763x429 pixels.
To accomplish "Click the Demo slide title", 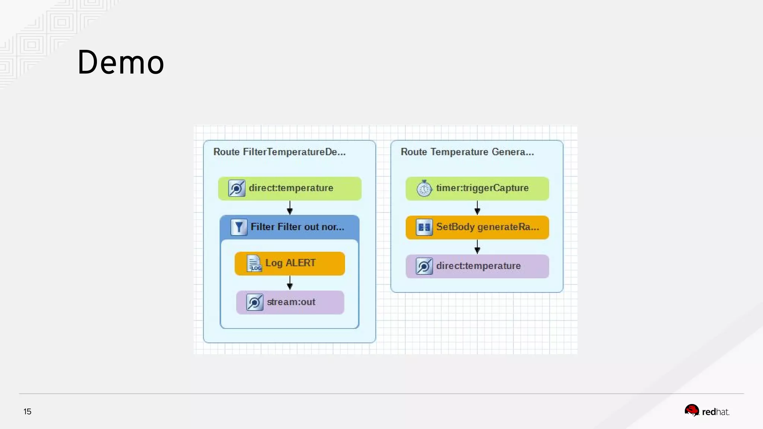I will coord(121,62).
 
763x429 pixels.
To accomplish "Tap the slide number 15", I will coord(27,411).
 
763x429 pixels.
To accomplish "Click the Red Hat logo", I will coord(707,411).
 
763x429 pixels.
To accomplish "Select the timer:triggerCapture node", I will coord(477,188).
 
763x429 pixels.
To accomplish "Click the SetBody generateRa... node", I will coord(477,227).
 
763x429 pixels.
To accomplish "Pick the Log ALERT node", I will coord(289,263).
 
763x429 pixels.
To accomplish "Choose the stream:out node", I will coord(290,302).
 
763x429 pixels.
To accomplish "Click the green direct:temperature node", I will coord(289,188).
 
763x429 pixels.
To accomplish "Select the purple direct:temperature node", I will coord(477,266).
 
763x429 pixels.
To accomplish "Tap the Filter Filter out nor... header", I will coord(289,227).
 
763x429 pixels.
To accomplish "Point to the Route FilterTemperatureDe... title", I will coord(279,152).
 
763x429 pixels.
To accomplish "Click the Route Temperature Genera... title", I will coord(467,152).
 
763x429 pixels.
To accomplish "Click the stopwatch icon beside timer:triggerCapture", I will coord(424,188).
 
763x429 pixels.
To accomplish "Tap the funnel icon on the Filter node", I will coord(239,227).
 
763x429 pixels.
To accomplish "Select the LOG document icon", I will coord(254,263).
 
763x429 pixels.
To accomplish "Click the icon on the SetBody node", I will coord(424,227).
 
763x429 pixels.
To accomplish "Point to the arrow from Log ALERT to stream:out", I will coord(290,283).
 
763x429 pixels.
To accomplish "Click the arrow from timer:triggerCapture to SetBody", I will coord(477,208).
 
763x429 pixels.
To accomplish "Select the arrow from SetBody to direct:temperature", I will coord(477,247).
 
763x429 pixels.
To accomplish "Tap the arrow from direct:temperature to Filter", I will coord(290,208).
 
